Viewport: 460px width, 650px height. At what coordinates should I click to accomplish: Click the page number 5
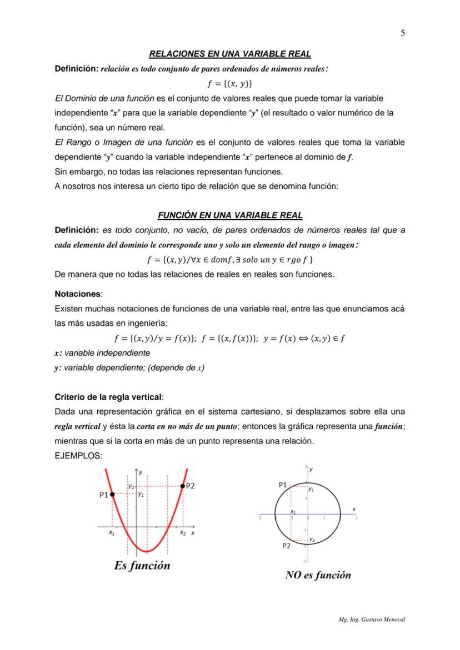pyautogui.click(x=402, y=33)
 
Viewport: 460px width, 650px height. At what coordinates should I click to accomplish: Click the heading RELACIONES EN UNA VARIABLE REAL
pyautogui.click(x=230, y=54)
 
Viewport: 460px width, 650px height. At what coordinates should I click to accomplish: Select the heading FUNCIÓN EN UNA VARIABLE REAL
pyautogui.click(x=230, y=215)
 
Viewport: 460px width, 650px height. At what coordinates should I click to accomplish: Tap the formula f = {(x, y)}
pyautogui.click(x=230, y=84)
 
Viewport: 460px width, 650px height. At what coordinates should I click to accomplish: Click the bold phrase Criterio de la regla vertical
pyautogui.click(x=109, y=397)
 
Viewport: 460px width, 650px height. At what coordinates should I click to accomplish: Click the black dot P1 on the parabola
pyautogui.click(x=113, y=493)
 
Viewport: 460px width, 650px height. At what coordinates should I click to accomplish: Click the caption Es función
pyautogui.click(x=142, y=566)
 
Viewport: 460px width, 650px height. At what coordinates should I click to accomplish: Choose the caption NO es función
pyautogui.click(x=318, y=575)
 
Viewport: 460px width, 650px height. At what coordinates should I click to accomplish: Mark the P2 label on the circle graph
pyautogui.click(x=286, y=546)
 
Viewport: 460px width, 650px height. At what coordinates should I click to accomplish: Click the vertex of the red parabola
pyautogui.click(x=147, y=551)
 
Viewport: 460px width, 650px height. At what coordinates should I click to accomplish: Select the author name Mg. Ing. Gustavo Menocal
pyautogui.click(x=372, y=619)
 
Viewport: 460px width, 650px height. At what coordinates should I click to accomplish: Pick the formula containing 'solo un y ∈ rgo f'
pyautogui.click(x=230, y=260)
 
